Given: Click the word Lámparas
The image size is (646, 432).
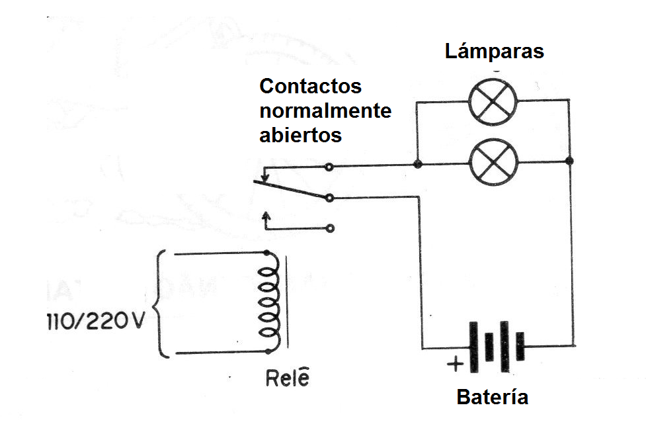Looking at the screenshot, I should pos(494,51).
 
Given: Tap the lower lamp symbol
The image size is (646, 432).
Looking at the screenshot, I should pos(493,162).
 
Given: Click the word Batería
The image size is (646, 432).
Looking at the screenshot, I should pos(493,398).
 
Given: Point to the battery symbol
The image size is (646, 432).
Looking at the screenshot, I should pos(496,347).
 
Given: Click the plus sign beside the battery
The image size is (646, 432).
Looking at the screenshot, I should pos(455,363).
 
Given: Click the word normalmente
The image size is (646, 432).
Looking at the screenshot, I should pos(325,110).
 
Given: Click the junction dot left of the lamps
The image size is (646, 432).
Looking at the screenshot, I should pos(417,163).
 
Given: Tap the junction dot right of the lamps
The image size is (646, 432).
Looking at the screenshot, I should pos(570,161).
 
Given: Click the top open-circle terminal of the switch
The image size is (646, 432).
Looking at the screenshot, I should pos(329,167).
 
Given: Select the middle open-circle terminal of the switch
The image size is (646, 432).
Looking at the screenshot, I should pos(329,197).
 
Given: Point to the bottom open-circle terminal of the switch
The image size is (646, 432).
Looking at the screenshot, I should pos(330,228).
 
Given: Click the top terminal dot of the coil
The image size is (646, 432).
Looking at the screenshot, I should pos(266,253).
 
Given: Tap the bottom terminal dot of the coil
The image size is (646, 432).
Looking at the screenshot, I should pos(267,351).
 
